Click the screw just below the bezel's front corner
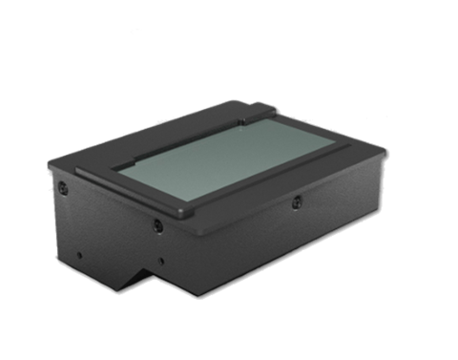[x=156, y=226]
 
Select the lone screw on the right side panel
[x=297, y=201]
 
